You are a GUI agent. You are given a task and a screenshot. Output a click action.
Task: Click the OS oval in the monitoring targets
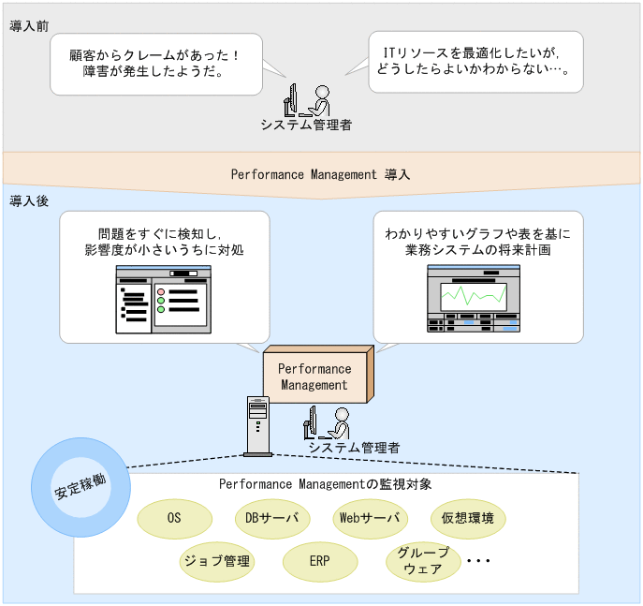(174, 518)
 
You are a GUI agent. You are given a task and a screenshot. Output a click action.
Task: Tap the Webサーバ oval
(369, 518)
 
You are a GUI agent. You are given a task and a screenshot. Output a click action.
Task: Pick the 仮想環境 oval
(468, 518)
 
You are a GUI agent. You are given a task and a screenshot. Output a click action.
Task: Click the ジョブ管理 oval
(216, 561)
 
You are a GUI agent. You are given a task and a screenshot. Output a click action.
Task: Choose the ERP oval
(319, 561)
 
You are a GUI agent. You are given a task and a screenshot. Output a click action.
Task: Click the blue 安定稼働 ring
(79, 492)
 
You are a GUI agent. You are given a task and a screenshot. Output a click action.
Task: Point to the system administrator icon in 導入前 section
(307, 99)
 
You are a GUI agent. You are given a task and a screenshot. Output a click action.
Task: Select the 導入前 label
(29, 26)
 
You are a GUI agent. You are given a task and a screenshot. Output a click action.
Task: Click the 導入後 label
(29, 201)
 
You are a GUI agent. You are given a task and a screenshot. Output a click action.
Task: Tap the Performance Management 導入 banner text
(320, 174)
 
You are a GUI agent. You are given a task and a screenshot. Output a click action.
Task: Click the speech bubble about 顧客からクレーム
(155, 63)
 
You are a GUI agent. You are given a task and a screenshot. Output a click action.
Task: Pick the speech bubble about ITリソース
(475, 61)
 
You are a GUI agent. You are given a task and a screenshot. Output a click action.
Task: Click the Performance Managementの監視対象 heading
(325, 484)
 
